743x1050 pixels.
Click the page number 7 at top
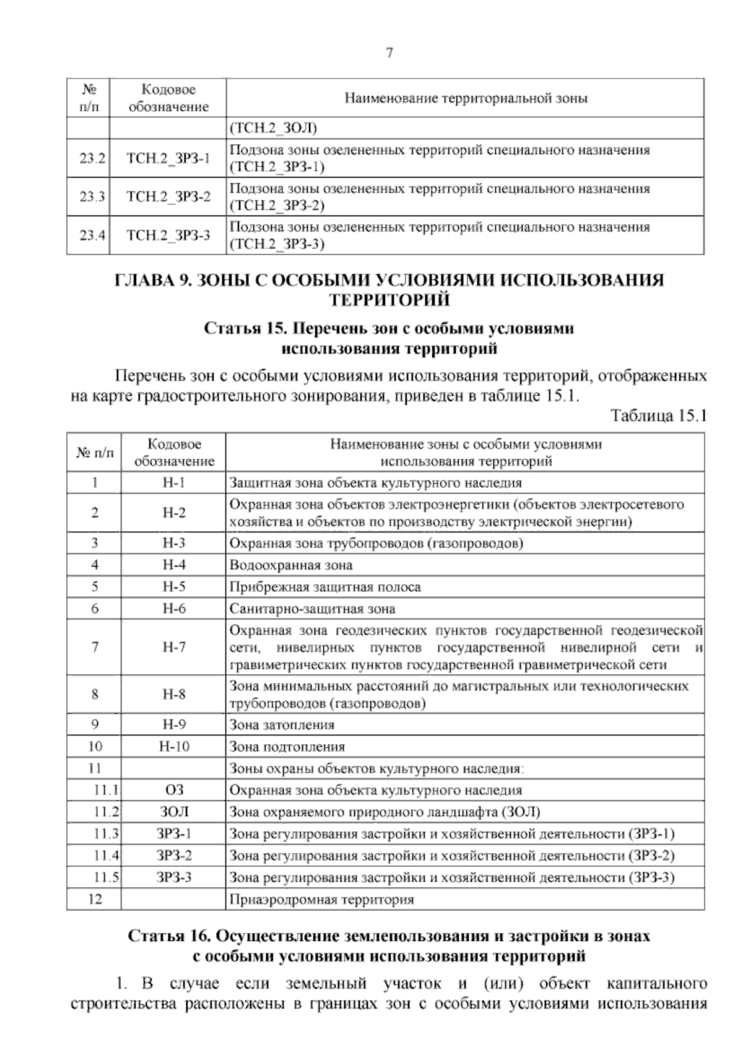389,53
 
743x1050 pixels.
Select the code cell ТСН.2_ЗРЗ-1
168,158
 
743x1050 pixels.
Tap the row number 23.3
89,197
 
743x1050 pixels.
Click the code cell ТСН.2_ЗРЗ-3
168,235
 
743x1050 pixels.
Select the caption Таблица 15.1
658,415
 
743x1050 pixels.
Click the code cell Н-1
174,482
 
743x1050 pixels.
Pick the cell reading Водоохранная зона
291,565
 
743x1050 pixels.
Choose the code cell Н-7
174,648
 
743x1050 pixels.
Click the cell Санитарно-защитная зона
312,609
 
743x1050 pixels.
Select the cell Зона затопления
282,724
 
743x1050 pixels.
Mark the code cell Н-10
174,746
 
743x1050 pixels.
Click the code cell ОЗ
174,790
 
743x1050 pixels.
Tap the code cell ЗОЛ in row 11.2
174,812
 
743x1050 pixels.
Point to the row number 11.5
106,877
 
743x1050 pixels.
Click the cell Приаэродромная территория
321,899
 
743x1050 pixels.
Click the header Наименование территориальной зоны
465,98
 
